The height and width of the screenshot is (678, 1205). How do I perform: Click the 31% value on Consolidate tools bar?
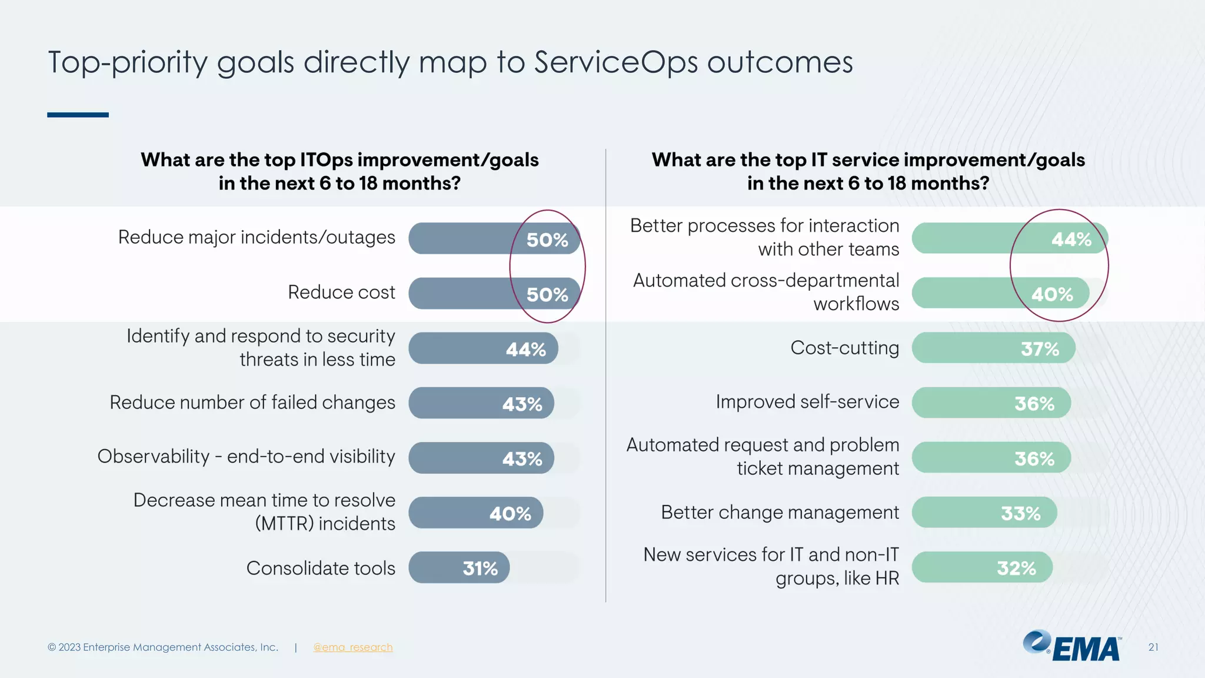pyautogui.click(x=480, y=569)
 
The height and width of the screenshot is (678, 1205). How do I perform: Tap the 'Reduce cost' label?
pyautogui.click(x=341, y=293)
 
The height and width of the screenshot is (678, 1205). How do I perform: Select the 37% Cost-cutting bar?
pyautogui.click(x=993, y=348)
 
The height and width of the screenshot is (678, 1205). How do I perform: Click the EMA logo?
pyautogui.click(x=1072, y=647)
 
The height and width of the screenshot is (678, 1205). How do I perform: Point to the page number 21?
pyautogui.click(x=1153, y=647)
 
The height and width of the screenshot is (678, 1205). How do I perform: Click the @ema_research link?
pyautogui.click(x=352, y=647)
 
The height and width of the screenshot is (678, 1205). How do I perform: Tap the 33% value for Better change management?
pyautogui.click(x=1020, y=513)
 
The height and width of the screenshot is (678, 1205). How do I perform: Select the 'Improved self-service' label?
pyautogui.click(x=807, y=402)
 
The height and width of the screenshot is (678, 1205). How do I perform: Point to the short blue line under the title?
pyautogui.click(x=78, y=115)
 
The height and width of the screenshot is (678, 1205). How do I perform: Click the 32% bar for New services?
pyautogui.click(x=981, y=568)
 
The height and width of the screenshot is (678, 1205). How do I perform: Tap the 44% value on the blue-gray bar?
pyautogui.click(x=525, y=350)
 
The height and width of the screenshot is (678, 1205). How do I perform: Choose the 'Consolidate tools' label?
pyautogui.click(x=321, y=569)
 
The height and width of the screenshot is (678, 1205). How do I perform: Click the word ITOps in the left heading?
pyautogui.click(x=326, y=160)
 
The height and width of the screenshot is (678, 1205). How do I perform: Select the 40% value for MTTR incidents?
pyautogui.click(x=510, y=514)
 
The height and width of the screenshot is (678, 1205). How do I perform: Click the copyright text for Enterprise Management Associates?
pyautogui.click(x=163, y=647)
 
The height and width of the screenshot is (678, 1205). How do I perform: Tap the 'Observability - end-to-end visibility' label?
pyautogui.click(x=246, y=457)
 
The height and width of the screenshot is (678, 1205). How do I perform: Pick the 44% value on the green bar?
pyautogui.click(x=1071, y=240)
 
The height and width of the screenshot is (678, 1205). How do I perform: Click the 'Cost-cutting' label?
pyautogui.click(x=844, y=348)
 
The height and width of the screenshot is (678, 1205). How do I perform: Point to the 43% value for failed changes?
pyautogui.click(x=522, y=404)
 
